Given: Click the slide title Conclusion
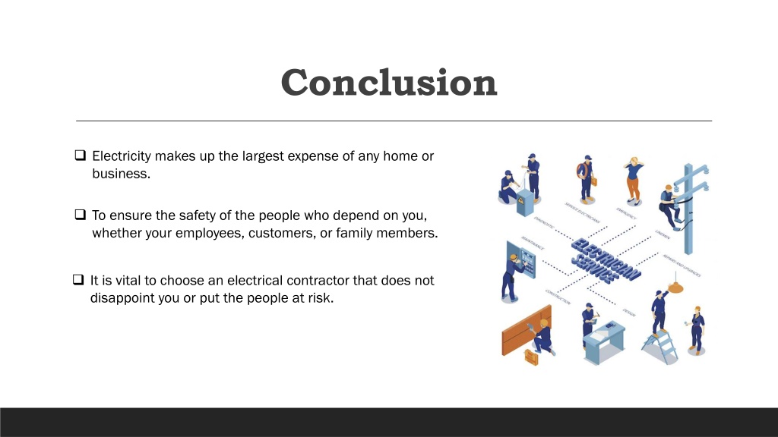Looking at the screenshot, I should pyautogui.click(x=388, y=82).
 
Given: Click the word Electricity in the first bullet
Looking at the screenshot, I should pyautogui.click(x=122, y=156).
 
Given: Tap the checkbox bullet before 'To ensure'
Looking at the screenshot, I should pyautogui.click(x=81, y=215).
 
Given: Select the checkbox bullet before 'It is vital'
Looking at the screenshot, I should pyautogui.click(x=78, y=280).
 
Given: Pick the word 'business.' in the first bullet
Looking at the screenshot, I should pyautogui.click(x=122, y=174).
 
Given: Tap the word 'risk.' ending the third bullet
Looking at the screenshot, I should pyautogui.click(x=318, y=297).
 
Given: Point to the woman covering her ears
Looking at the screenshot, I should pyautogui.click(x=633, y=179).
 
